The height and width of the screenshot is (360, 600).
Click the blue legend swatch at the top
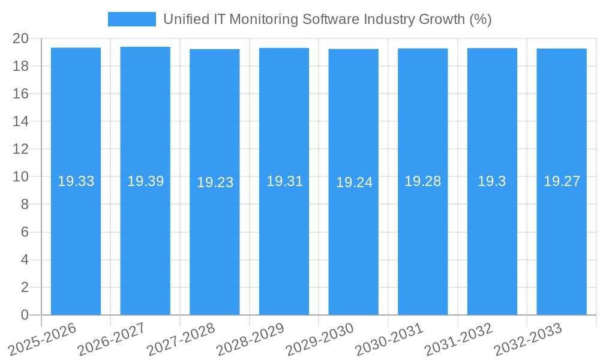131,19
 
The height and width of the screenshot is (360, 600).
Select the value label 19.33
76,181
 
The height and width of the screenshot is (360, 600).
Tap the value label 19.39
145,181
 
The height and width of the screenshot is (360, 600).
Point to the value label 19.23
215,182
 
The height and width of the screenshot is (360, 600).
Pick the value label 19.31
284,181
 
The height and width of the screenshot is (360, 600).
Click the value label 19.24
354,182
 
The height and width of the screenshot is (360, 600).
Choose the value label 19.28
422,181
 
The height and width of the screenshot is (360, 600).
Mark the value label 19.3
492,181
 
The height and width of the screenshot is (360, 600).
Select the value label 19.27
562,181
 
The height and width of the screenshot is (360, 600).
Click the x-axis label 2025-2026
43,338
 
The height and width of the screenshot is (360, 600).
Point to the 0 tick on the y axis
25,315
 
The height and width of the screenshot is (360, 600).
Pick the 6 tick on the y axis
25,232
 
